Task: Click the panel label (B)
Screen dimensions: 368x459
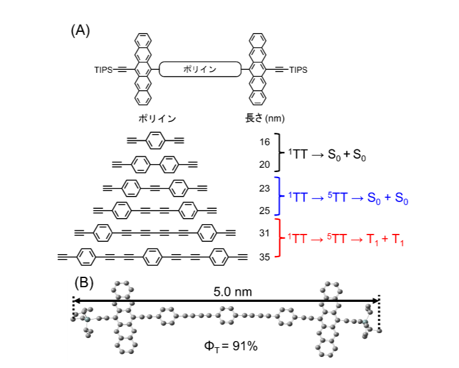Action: (84, 282)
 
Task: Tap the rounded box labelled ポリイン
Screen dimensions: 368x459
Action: (200, 70)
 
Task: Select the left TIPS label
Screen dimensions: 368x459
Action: (104, 70)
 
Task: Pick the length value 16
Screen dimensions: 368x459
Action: (265, 141)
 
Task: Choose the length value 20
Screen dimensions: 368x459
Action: (265, 164)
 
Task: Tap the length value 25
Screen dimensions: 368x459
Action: (265, 211)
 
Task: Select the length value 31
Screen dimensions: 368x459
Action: (265, 233)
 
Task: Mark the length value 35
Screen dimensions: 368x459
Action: (265, 257)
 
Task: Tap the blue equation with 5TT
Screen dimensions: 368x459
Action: (348, 199)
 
